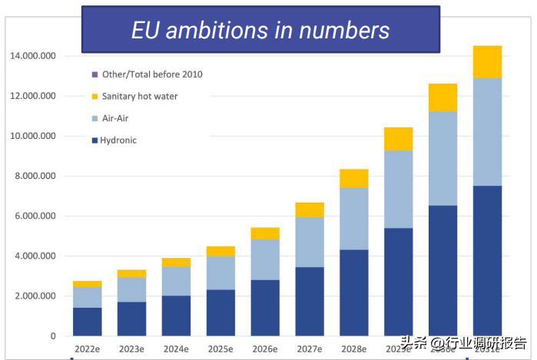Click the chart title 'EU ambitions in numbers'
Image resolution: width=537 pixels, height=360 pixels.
tap(260, 30)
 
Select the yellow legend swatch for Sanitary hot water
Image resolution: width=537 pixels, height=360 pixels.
tap(94, 97)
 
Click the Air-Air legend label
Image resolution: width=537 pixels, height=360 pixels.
tap(114, 119)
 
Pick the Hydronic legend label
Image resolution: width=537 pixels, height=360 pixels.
tap(118, 140)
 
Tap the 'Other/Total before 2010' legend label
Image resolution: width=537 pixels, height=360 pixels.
tap(152, 74)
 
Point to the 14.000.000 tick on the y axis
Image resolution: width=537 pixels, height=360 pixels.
tap(32, 56)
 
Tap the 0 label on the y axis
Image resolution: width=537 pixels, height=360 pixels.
tap(53, 335)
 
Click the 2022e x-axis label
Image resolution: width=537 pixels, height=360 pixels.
tap(87, 349)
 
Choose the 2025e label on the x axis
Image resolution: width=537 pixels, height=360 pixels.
tap(220, 349)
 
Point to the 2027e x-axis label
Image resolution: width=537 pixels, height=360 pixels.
tap(310, 349)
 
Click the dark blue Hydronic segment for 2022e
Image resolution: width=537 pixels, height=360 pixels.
tap(87, 322)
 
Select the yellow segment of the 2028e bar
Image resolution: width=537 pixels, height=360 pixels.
tap(354, 178)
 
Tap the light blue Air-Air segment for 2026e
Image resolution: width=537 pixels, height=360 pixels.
tap(265, 259)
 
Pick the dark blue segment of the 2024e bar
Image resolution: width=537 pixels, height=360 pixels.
tap(176, 315)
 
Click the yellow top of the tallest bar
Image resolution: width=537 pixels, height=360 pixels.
tap(487, 62)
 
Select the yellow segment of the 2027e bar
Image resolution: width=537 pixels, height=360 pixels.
tap(310, 210)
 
